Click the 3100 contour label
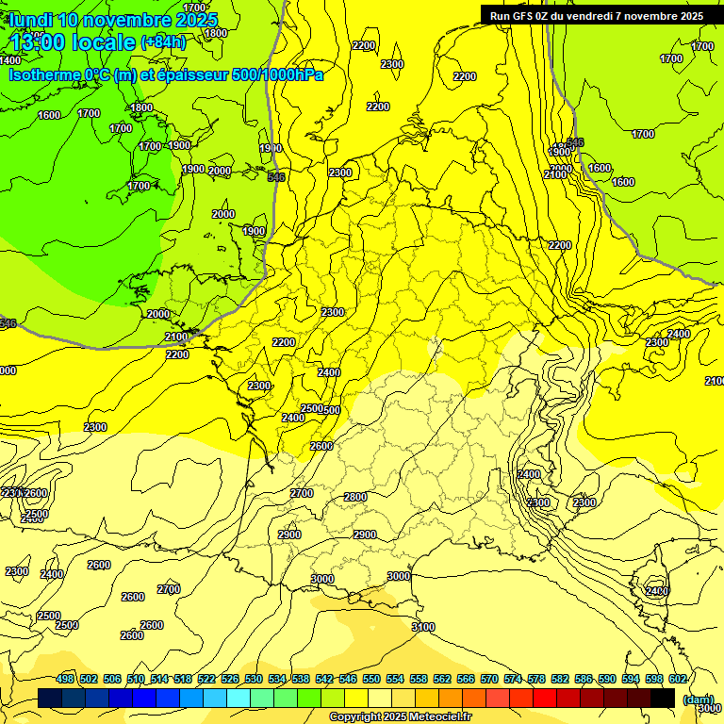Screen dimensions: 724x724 pyautogui.click(x=423, y=627)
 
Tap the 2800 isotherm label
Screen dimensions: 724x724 pyautogui.click(x=355, y=497)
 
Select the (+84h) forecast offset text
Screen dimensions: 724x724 pyautogui.click(x=163, y=42)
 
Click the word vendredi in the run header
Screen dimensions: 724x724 pyautogui.click(x=596, y=16)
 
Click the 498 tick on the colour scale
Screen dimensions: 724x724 pyautogui.click(x=65, y=679)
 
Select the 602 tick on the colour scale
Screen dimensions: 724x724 pyautogui.click(x=678, y=679)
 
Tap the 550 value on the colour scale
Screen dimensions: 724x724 pyautogui.click(x=371, y=679)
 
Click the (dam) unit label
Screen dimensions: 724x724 pyautogui.click(x=698, y=699)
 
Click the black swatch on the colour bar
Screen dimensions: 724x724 pyautogui.click(x=663, y=699)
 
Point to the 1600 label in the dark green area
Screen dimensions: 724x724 pyautogui.click(x=49, y=116)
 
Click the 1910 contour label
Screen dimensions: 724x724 pyautogui.click(x=271, y=148)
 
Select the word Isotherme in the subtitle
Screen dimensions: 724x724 pyautogui.click(x=45, y=74)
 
